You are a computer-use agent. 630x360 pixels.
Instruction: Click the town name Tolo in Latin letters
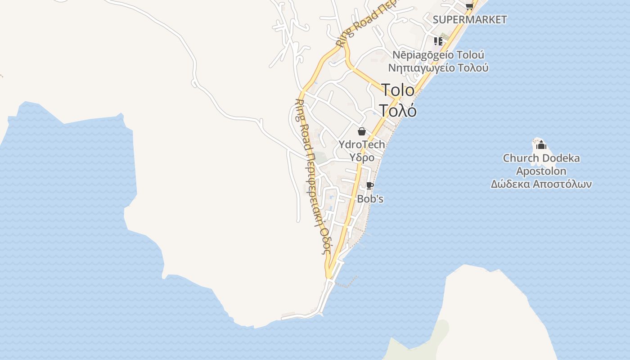click(398, 90)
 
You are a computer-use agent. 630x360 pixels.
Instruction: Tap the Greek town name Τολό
click(397, 110)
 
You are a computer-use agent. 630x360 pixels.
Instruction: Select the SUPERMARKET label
click(469, 20)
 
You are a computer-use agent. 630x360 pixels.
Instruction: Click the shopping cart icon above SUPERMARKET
click(469, 6)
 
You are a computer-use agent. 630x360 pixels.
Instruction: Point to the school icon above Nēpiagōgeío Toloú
click(438, 41)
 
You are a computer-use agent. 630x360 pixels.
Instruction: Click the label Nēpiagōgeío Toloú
click(438, 55)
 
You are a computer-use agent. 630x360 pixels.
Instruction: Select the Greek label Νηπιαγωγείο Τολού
click(438, 68)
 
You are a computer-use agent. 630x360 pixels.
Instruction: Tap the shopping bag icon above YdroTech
click(361, 131)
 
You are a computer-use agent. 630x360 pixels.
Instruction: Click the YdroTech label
click(362, 144)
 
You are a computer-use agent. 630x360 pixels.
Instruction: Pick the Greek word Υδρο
click(362, 157)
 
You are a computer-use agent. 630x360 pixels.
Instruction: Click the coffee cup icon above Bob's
click(369, 185)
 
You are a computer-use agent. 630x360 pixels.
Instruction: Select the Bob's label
click(370, 198)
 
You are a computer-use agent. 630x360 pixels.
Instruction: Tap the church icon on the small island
click(541, 145)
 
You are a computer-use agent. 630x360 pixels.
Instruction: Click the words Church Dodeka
click(541, 158)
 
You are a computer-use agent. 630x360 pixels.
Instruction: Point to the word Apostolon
click(541, 171)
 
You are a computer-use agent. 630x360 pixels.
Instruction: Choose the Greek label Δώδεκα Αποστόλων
click(541, 184)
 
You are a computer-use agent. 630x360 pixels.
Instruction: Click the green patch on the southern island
click(443, 328)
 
